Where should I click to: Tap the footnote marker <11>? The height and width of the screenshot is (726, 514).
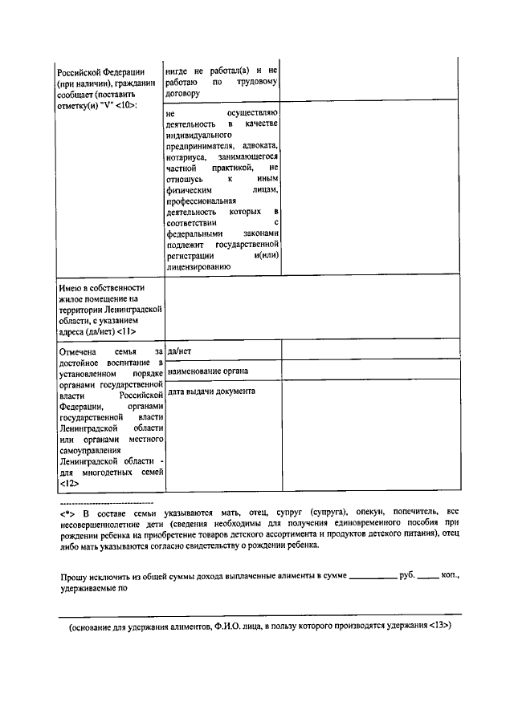click(126, 331)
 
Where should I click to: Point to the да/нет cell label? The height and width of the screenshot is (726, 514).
click(179, 351)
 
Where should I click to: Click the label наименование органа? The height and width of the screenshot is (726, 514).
click(208, 371)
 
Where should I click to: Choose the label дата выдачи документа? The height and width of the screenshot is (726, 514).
click(212, 391)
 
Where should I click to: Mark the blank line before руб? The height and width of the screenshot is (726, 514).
click(373, 578)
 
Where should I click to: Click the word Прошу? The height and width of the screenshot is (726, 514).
click(74, 576)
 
